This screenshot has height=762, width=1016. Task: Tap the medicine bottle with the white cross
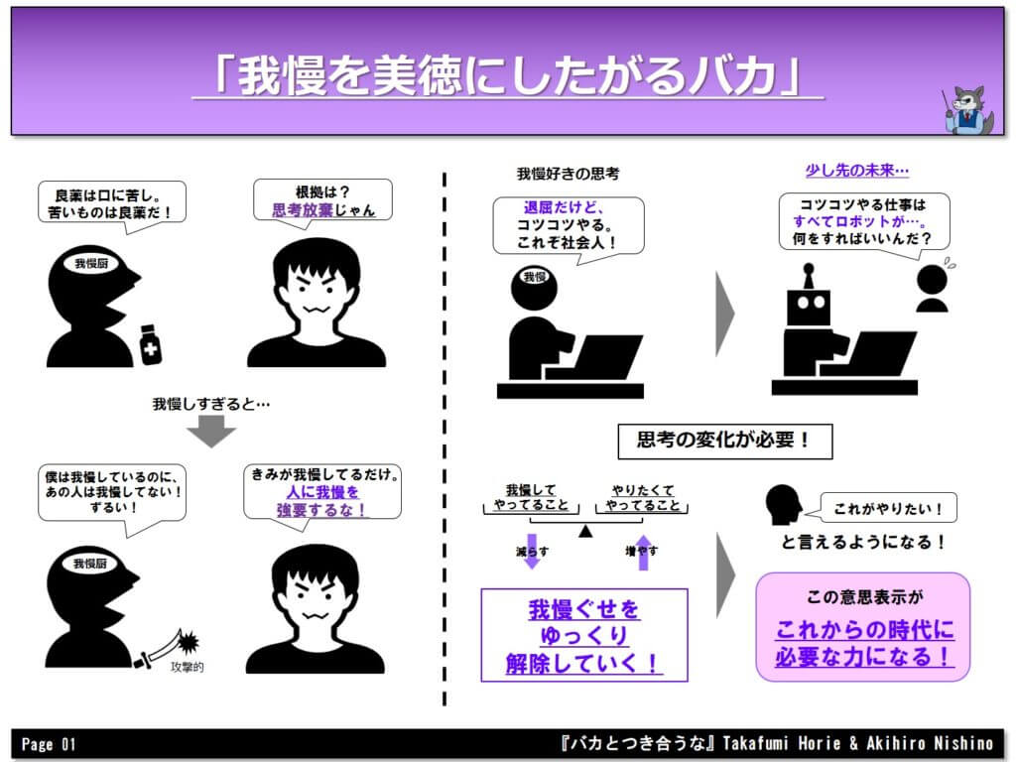tap(151, 344)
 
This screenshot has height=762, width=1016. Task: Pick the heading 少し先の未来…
tap(856, 171)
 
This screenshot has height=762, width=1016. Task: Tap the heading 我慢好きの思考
tap(568, 173)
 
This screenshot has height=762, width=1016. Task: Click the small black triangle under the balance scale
tap(585, 531)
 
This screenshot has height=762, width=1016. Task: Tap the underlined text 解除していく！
tap(583, 662)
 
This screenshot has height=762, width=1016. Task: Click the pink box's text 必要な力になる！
tap(863, 656)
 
